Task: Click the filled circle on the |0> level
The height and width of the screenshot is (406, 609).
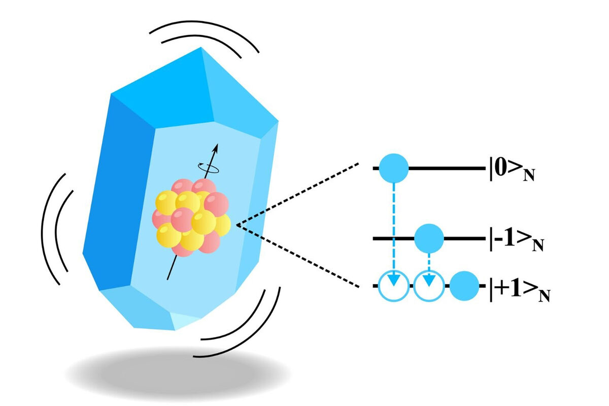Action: (394, 168)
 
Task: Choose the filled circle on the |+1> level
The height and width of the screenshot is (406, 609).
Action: (464, 287)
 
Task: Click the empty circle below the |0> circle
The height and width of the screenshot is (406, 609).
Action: (394, 287)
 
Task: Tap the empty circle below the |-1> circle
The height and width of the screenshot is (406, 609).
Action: (429, 287)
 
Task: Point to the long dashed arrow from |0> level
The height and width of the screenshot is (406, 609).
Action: (394, 228)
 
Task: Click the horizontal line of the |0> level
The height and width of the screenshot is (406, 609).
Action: (447, 168)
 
